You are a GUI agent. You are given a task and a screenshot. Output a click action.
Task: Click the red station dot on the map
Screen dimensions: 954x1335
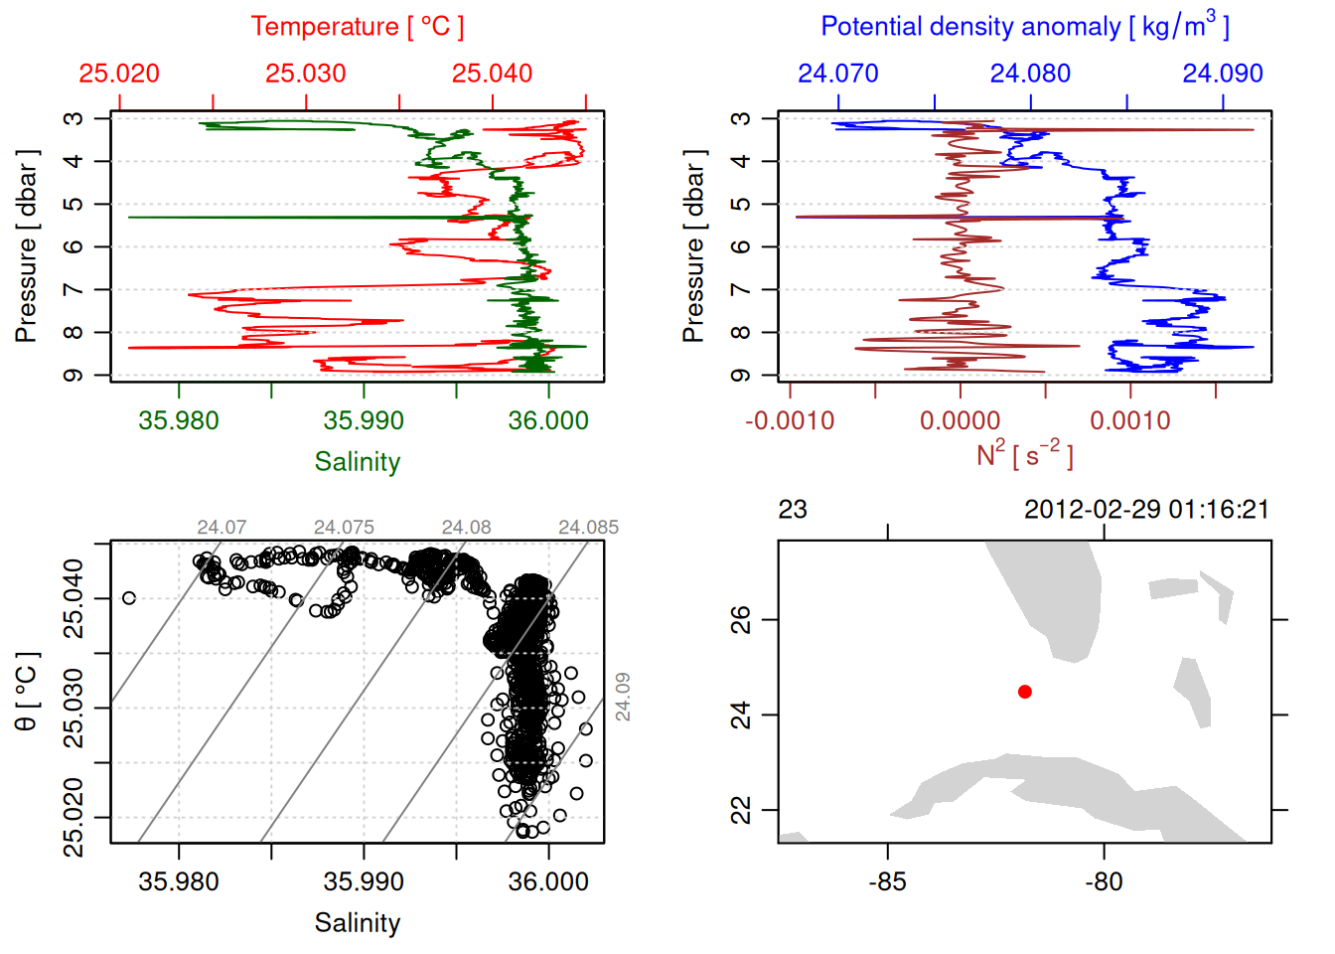1025,692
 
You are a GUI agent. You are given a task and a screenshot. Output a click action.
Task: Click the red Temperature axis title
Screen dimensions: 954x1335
357,27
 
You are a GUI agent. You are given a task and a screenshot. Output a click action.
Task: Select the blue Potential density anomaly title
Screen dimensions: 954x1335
1024,27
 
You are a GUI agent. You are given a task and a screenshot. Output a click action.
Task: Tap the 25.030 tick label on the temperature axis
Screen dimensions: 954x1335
306,74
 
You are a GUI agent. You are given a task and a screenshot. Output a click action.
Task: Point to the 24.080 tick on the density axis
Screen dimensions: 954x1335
1030,74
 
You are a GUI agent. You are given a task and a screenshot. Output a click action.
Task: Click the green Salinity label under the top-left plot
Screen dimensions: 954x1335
358,462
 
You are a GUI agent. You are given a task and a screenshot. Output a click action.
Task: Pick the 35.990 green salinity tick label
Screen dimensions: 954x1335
364,420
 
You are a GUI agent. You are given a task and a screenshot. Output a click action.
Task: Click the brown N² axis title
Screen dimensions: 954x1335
1024,455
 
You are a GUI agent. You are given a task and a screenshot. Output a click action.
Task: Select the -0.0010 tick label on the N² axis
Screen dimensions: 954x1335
790,420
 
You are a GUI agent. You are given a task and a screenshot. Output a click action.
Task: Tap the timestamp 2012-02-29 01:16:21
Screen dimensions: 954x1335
1146,510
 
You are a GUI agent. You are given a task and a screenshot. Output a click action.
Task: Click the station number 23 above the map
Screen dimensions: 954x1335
793,510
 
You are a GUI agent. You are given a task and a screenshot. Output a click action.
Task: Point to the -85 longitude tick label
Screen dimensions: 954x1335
887,881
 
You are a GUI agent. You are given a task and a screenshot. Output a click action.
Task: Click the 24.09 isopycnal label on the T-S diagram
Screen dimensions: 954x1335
623,696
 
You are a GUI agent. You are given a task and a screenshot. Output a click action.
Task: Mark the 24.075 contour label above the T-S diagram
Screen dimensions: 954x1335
344,528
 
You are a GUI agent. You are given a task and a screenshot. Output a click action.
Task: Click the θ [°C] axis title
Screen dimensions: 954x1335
26,692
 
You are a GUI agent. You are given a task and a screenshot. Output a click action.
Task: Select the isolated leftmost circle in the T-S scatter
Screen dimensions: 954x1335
129,598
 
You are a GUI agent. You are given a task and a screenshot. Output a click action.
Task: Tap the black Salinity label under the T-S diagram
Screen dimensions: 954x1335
358,923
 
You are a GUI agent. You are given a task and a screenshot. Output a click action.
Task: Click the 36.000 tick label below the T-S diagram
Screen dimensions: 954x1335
548,881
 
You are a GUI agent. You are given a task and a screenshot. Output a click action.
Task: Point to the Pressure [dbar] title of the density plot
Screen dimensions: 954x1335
693,246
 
